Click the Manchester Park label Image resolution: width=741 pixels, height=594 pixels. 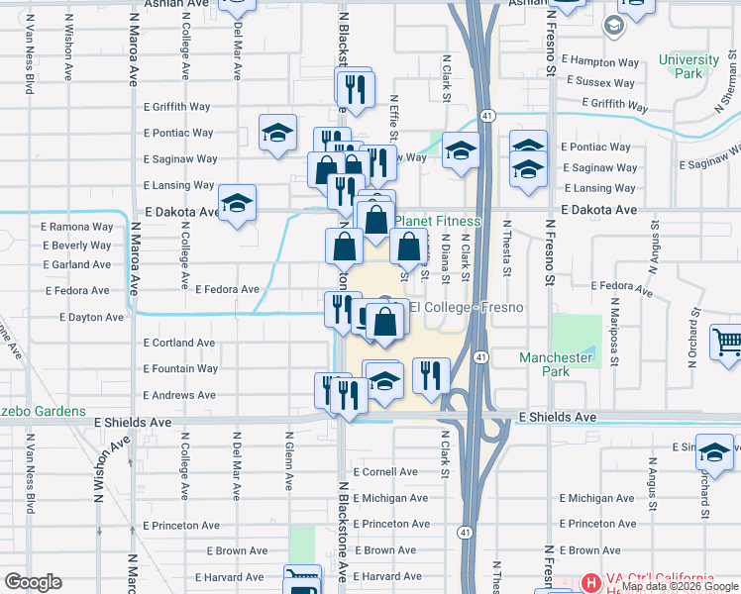(x=556, y=364)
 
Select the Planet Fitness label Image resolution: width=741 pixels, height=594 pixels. (x=438, y=221)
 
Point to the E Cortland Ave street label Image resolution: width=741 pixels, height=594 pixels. (x=179, y=343)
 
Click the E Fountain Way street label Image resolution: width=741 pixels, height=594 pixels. (x=180, y=368)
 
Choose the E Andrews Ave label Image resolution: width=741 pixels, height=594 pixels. (x=179, y=395)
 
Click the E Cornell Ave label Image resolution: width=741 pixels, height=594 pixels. (x=391, y=472)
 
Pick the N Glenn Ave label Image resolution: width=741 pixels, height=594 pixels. (x=288, y=460)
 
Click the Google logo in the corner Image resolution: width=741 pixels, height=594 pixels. (x=33, y=582)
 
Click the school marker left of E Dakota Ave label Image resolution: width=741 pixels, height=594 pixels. (x=237, y=203)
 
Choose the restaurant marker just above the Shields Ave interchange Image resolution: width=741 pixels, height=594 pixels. (x=431, y=374)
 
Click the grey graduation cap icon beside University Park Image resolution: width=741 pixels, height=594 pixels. (x=613, y=25)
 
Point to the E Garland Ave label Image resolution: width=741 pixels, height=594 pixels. (x=77, y=264)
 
